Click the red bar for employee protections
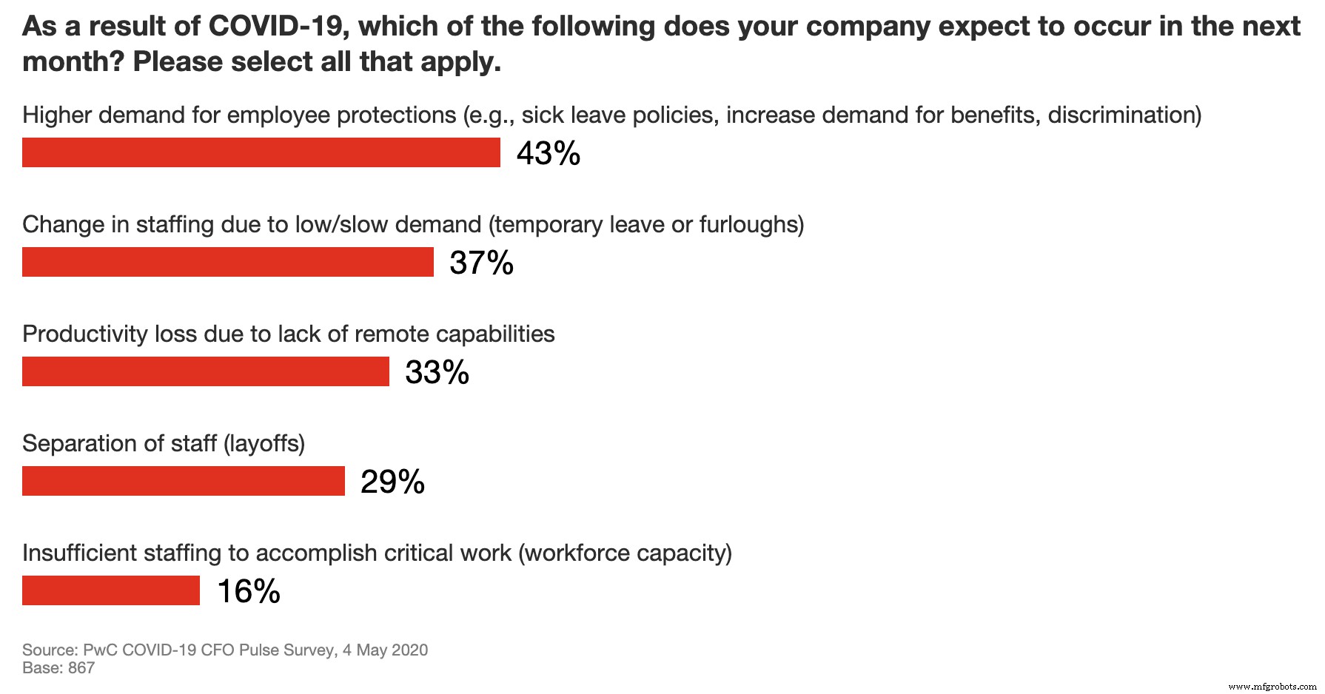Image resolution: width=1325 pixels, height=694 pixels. tap(261, 152)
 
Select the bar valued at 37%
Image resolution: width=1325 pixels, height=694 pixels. tap(228, 262)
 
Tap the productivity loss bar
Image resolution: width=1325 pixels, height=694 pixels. tap(206, 371)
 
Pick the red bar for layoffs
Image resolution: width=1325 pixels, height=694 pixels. tap(184, 481)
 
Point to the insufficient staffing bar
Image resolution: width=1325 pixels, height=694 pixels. tap(111, 590)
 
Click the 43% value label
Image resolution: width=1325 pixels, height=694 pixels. tap(548, 153)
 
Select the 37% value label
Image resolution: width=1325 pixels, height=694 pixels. tap(481, 263)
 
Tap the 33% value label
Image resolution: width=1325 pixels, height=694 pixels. tap(437, 372)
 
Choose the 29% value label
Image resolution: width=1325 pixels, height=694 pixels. tap(392, 482)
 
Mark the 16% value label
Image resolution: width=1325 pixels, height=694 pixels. tap(249, 591)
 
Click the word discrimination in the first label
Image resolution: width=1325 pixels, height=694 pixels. tap(1121, 115)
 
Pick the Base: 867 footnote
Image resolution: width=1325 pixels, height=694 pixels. tap(58, 667)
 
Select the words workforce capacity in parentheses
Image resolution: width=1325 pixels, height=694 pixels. tap(625, 553)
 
